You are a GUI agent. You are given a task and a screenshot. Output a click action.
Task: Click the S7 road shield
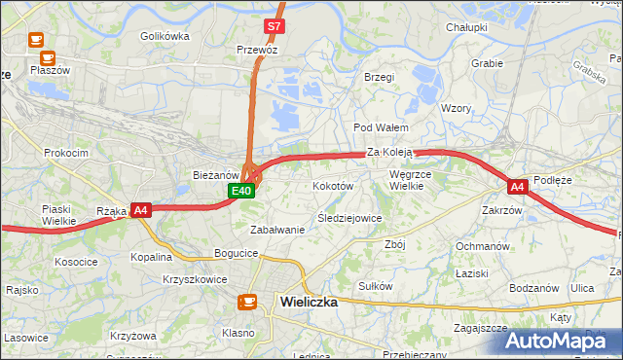point(275,27)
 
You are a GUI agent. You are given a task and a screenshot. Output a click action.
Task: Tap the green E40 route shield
point(242,192)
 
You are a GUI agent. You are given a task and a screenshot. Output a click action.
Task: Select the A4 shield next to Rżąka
point(140,209)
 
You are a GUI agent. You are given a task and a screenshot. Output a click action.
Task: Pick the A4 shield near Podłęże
point(517,186)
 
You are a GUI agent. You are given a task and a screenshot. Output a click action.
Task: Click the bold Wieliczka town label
point(309,302)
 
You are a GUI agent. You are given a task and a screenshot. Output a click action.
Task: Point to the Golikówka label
point(165,36)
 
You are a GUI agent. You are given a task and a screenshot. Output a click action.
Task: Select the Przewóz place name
point(257,48)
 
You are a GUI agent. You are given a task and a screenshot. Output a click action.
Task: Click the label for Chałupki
point(466,27)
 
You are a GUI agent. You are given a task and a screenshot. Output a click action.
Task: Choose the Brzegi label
point(378,77)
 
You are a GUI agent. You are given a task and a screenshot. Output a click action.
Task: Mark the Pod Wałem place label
point(380,127)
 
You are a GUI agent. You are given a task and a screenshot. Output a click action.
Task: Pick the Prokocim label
point(66,153)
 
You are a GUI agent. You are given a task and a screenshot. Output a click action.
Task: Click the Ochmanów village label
point(483,246)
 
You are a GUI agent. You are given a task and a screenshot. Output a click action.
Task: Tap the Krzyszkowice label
point(196,279)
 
